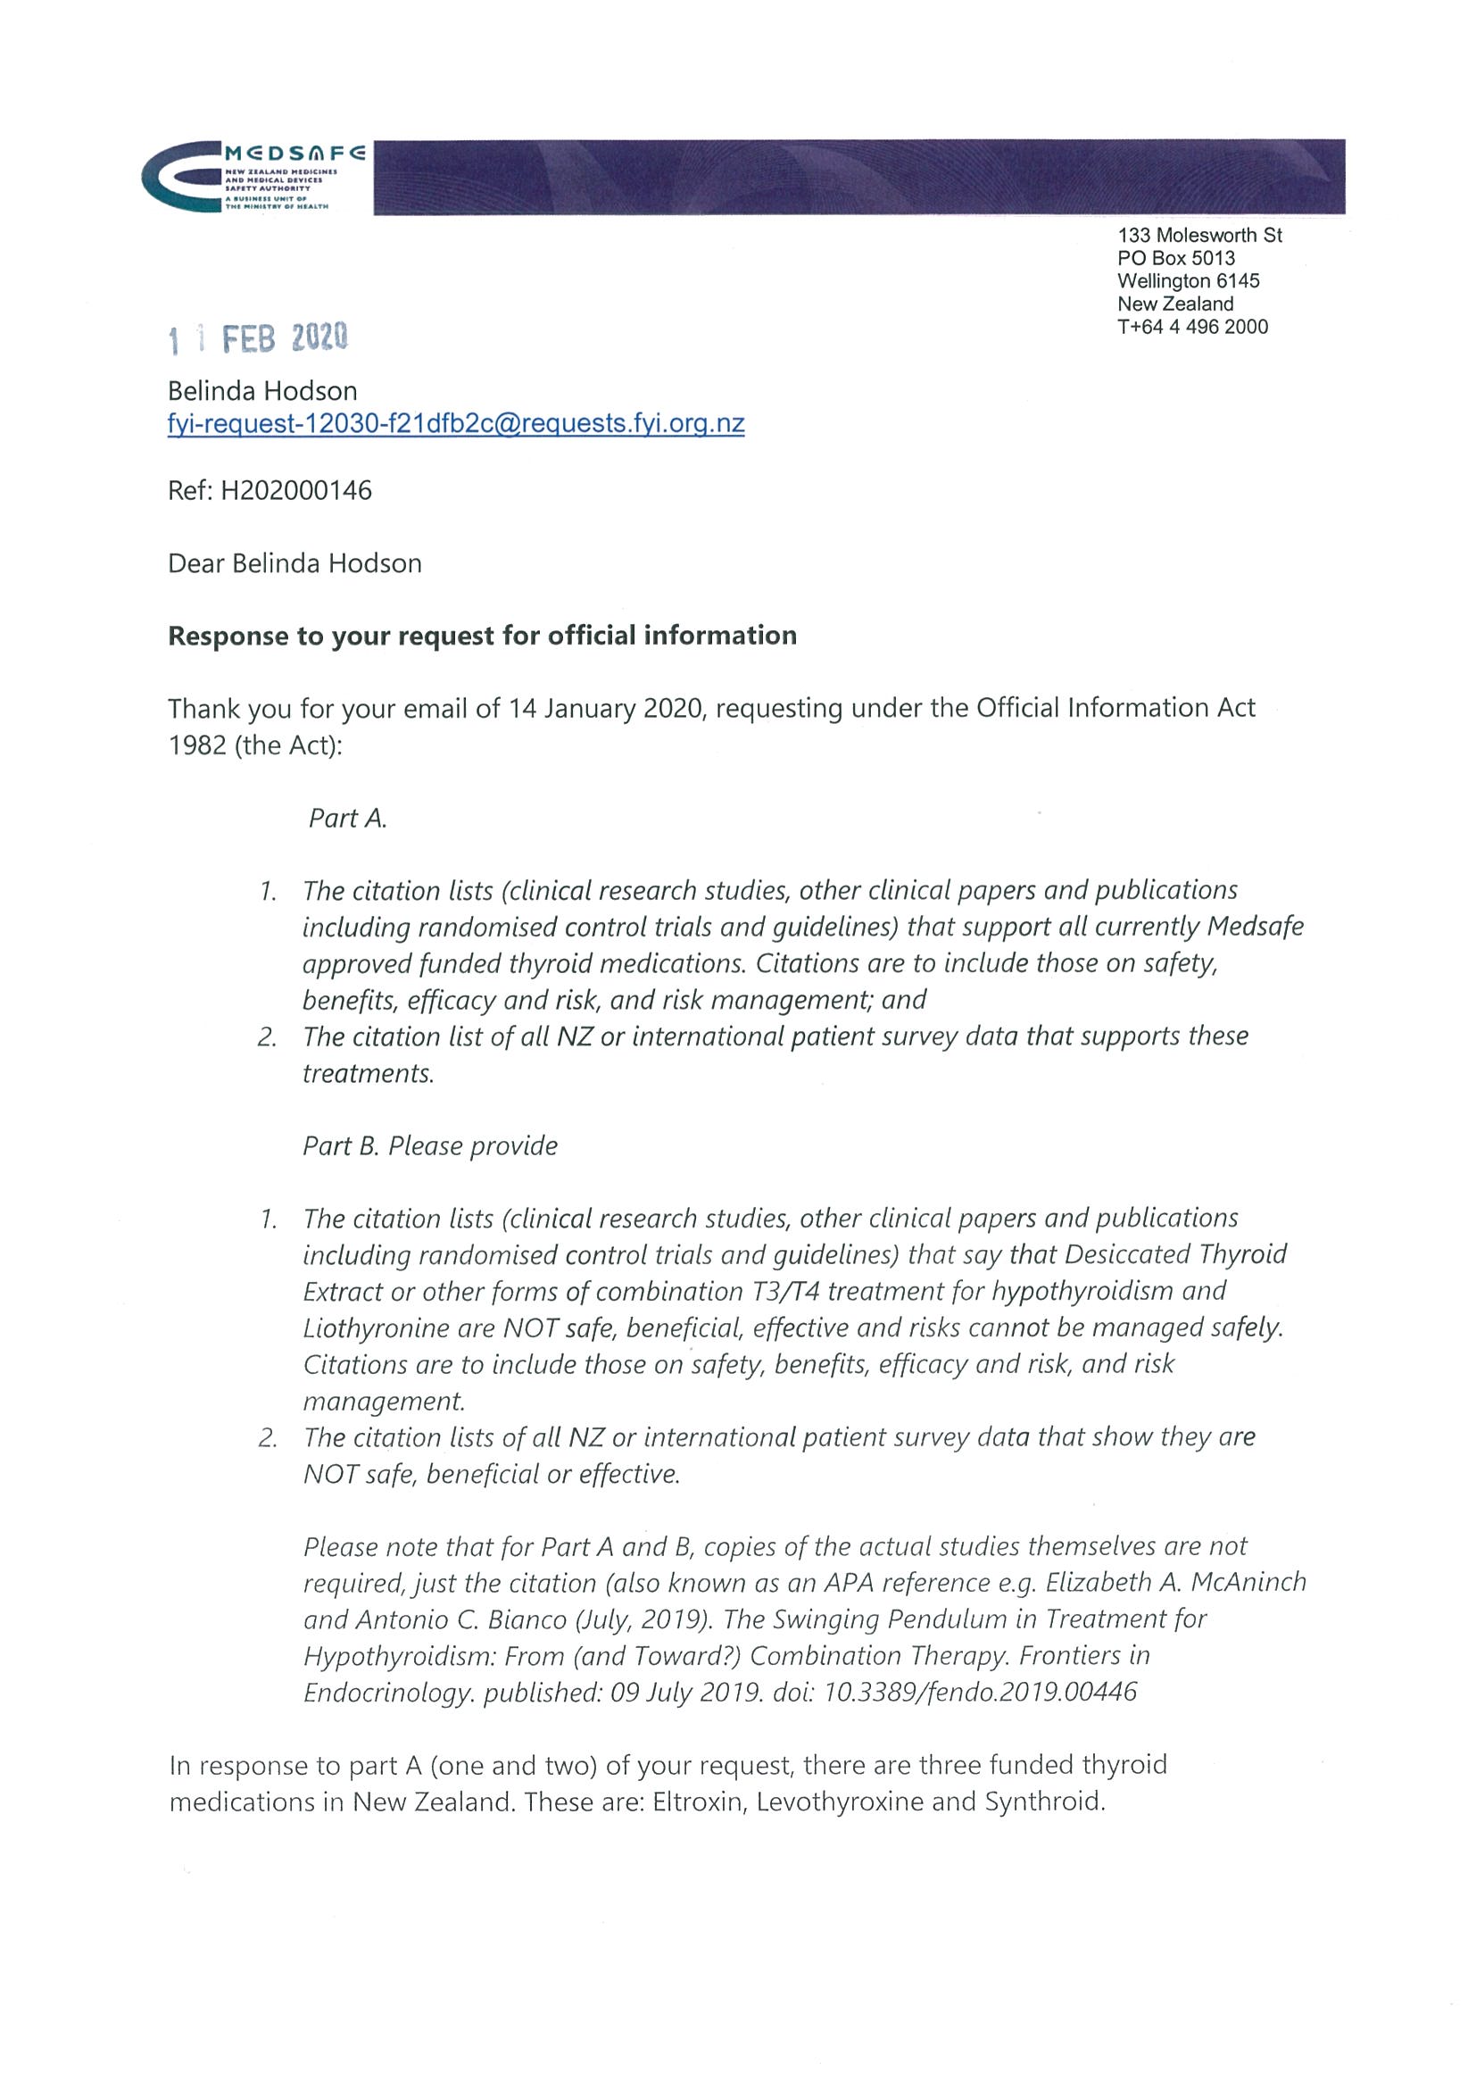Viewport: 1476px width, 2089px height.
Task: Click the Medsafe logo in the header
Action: (x=253, y=177)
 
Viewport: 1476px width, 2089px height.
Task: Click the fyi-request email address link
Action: (x=456, y=424)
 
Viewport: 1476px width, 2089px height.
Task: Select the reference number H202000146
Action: (x=296, y=491)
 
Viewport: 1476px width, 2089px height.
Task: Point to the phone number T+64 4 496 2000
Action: (x=1192, y=327)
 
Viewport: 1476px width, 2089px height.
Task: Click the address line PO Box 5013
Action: (x=1176, y=258)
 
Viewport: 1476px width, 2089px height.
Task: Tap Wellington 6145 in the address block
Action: (x=1188, y=281)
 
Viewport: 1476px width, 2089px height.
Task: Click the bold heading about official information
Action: (x=482, y=636)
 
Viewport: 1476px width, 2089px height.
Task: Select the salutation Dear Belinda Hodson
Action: (x=294, y=564)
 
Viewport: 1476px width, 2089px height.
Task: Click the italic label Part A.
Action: (x=347, y=819)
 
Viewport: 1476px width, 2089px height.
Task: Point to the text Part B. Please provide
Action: (x=430, y=1146)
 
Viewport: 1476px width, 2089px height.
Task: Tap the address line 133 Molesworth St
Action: (x=1199, y=236)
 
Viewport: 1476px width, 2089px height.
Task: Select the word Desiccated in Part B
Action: (x=1128, y=1254)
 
